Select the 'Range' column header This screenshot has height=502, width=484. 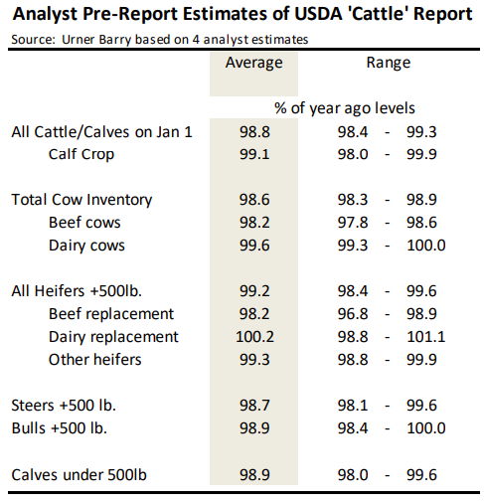click(x=389, y=63)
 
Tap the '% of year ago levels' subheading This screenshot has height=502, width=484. click(x=344, y=107)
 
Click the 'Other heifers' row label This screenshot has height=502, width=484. click(x=94, y=359)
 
